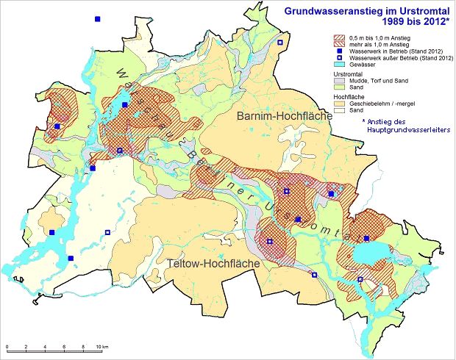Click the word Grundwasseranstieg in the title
327,11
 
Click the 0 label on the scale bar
7,347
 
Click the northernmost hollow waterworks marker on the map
279,44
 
